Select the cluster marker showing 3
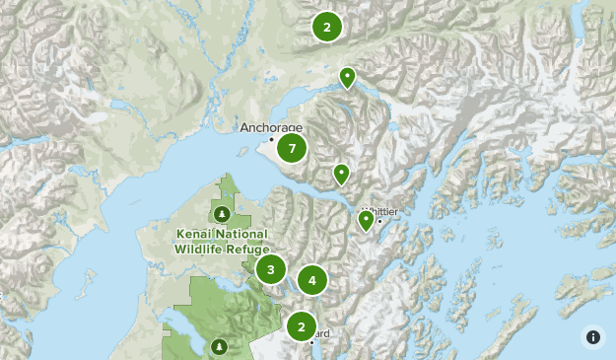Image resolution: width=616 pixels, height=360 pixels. [x=271, y=269]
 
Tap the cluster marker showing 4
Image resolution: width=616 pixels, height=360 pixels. [x=312, y=281]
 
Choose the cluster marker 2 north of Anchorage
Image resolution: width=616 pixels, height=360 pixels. [x=327, y=27]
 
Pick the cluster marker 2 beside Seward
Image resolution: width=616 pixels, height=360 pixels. [x=302, y=325]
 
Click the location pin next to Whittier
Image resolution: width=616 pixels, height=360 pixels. [x=366, y=220]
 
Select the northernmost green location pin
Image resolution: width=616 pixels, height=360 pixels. [x=347, y=76]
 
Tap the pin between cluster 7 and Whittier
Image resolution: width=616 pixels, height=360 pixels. [x=341, y=174]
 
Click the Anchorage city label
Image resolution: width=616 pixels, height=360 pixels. [x=271, y=128]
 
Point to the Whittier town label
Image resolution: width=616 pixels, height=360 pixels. [x=382, y=211]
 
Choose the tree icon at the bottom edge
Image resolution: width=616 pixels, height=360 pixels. [x=219, y=346]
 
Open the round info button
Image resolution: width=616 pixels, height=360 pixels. [x=593, y=336]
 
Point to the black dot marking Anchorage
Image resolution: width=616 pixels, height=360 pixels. [x=272, y=139]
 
